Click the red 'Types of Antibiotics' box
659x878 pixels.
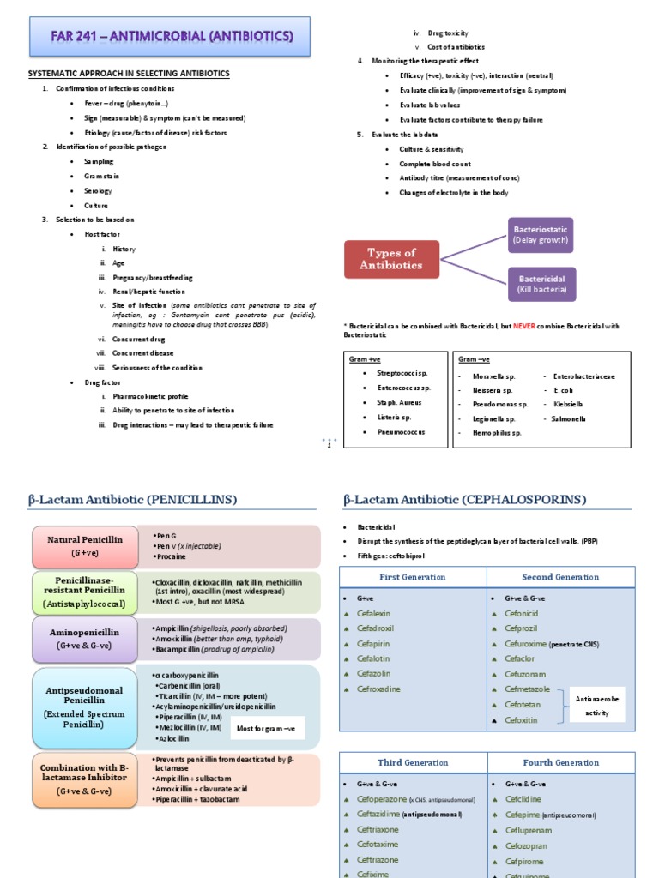click(x=391, y=259)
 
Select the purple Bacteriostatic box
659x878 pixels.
click(x=541, y=235)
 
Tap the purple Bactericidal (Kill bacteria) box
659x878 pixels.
click(x=541, y=285)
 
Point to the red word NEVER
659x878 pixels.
click(x=524, y=326)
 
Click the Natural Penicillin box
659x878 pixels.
click(x=84, y=546)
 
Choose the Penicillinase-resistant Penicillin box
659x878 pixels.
click(x=84, y=592)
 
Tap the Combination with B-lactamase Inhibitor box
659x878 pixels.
click(x=84, y=779)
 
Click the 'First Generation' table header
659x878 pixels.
click(x=413, y=577)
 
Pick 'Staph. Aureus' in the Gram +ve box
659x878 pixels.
click(x=398, y=402)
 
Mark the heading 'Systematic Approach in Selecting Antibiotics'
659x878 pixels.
click(x=129, y=74)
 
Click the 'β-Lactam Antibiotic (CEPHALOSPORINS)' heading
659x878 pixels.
click(x=464, y=499)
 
